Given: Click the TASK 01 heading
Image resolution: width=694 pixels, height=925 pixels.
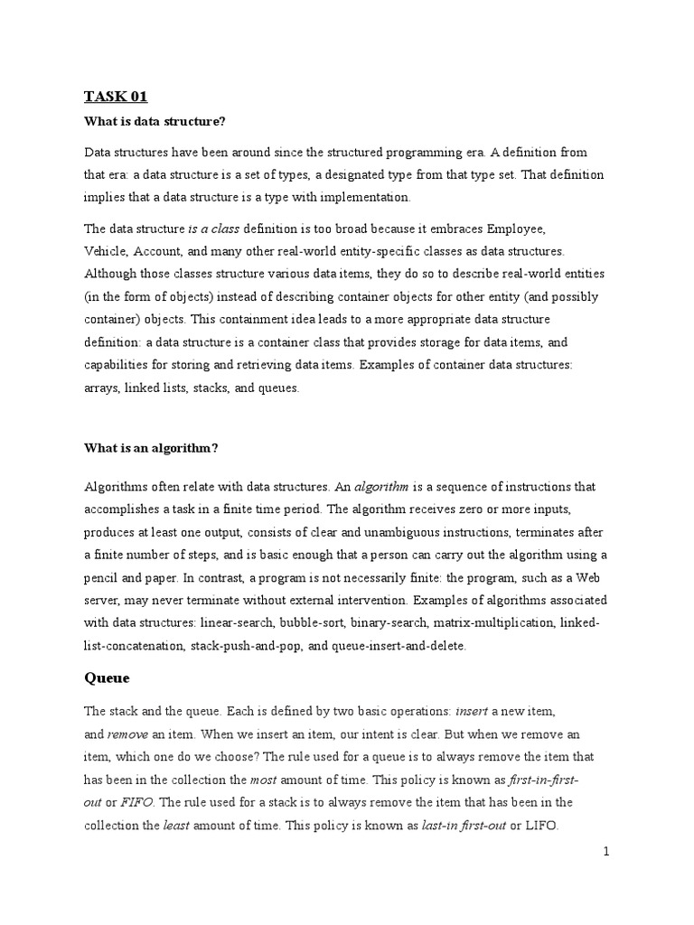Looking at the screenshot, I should [116, 98].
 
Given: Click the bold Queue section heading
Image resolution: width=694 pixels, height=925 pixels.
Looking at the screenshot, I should [107, 677].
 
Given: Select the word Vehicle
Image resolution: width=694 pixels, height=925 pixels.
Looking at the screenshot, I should [106, 252].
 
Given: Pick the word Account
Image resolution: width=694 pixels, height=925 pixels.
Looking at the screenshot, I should [164, 252].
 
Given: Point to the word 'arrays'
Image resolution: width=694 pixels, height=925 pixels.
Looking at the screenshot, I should [102, 388].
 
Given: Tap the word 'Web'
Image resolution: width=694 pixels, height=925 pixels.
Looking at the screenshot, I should [592, 578].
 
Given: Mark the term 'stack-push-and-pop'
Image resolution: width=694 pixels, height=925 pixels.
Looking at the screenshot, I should [254, 646].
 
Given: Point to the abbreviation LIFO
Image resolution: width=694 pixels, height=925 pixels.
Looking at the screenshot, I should [542, 825].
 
